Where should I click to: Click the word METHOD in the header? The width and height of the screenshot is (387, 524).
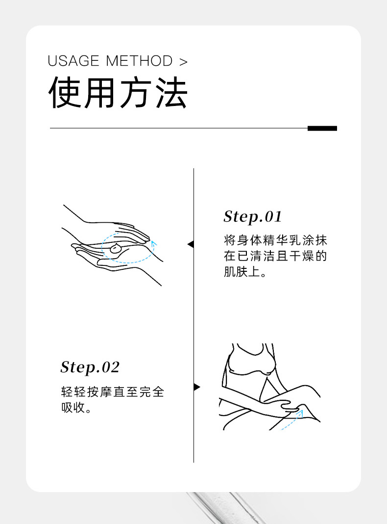point(139,61)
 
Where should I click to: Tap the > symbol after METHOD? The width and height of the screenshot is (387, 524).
point(183,62)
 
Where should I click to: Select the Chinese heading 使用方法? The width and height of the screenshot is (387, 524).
point(118,93)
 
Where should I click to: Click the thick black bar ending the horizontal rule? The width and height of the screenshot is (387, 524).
point(322,129)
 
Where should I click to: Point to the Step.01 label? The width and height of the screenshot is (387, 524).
point(253,216)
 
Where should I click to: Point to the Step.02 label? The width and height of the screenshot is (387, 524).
point(90,367)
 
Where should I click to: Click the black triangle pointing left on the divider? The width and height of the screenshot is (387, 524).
point(191,244)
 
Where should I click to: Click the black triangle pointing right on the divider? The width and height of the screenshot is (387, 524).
point(197,387)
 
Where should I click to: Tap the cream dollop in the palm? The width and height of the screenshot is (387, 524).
point(116,248)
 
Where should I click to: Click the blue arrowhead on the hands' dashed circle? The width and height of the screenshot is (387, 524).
point(154,242)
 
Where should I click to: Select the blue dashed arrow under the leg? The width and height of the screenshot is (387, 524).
point(292,421)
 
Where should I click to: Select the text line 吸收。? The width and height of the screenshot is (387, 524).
point(76,408)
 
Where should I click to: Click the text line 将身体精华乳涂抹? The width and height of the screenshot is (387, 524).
point(275,240)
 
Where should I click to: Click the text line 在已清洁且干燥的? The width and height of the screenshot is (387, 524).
point(275,256)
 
